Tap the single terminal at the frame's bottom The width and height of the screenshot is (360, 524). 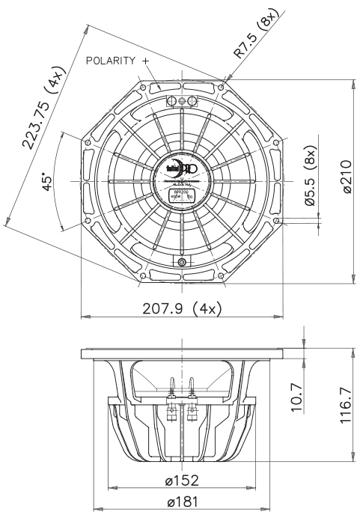pyautogui.click(x=180, y=261)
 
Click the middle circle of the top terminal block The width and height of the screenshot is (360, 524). pyautogui.click(x=180, y=101)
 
